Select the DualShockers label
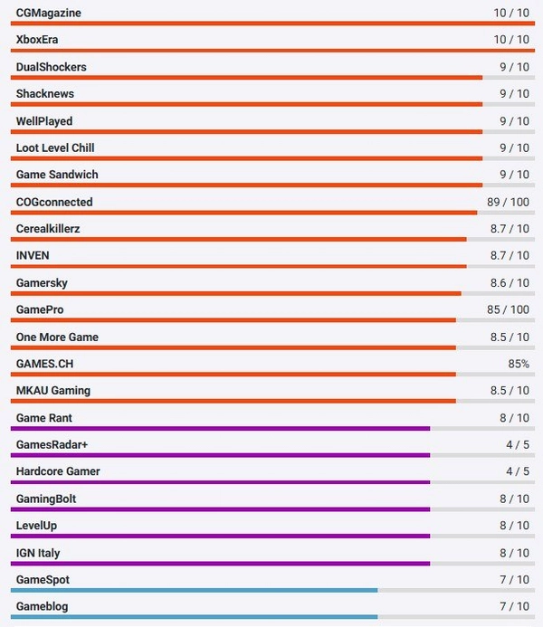(x=52, y=67)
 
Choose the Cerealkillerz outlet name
(x=48, y=229)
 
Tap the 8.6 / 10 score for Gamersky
(x=509, y=283)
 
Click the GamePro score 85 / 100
(x=508, y=310)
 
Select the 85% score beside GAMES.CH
(x=519, y=364)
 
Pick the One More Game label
(x=57, y=337)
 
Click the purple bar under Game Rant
(x=223, y=429)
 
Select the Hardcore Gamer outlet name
(x=58, y=471)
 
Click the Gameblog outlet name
(x=42, y=606)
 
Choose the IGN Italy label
(x=38, y=553)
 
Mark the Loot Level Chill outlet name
(x=55, y=147)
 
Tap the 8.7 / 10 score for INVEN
(x=509, y=256)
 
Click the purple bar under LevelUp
(x=223, y=537)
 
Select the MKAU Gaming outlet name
(x=53, y=391)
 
